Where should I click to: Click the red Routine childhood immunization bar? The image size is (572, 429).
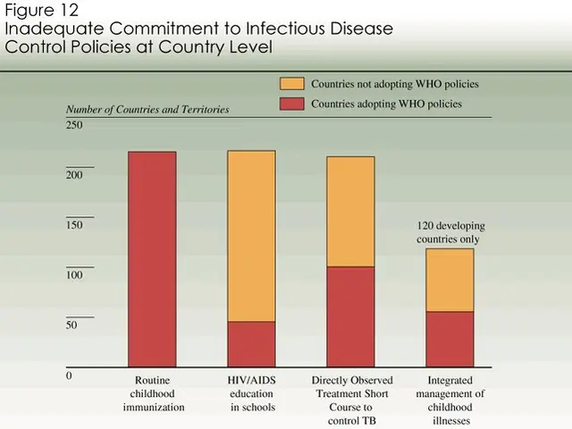(x=152, y=259)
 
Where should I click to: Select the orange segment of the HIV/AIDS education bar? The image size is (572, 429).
(x=251, y=236)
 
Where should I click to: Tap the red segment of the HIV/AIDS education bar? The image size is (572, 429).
(x=251, y=344)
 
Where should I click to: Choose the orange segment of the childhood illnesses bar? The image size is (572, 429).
(x=450, y=280)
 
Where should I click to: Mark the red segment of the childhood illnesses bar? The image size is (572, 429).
(x=450, y=339)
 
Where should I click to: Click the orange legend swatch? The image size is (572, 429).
(x=292, y=83)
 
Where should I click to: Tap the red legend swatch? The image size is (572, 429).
(x=292, y=104)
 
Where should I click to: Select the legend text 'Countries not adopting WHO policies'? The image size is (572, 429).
(x=394, y=83)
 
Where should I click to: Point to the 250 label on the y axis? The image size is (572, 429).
(x=74, y=125)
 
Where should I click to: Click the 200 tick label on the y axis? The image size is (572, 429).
(x=74, y=175)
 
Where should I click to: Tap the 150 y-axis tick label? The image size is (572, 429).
(x=74, y=225)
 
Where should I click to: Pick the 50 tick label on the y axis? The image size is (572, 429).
(x=71, y=325)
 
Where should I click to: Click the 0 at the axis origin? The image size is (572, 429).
(x=69, y=375)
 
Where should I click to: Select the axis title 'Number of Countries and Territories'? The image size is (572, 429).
(x=147, y=109)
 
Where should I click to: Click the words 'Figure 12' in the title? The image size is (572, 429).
(x=44, y=11)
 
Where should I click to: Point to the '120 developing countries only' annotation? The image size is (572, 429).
(x=449, y=232)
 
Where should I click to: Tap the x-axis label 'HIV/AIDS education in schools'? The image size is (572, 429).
(x=251, y=393)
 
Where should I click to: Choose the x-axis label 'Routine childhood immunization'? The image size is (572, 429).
(x=153, y=393)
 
